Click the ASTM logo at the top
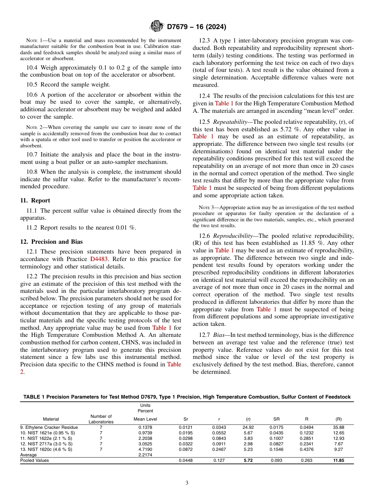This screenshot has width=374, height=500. coord(157,27)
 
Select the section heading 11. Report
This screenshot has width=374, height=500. coord(35,200)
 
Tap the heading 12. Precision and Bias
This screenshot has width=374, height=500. coord(51,242)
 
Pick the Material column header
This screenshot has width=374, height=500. coord(51,419)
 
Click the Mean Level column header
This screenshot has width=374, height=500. coord(145,419)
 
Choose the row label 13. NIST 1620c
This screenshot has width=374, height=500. coord(46,449)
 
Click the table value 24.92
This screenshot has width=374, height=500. coord(248,427)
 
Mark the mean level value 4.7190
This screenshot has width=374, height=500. coord(145,449)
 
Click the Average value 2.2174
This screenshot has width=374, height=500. coord(145,455)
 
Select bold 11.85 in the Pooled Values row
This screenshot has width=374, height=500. coord(338,460)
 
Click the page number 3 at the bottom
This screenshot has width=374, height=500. coord(187,483)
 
